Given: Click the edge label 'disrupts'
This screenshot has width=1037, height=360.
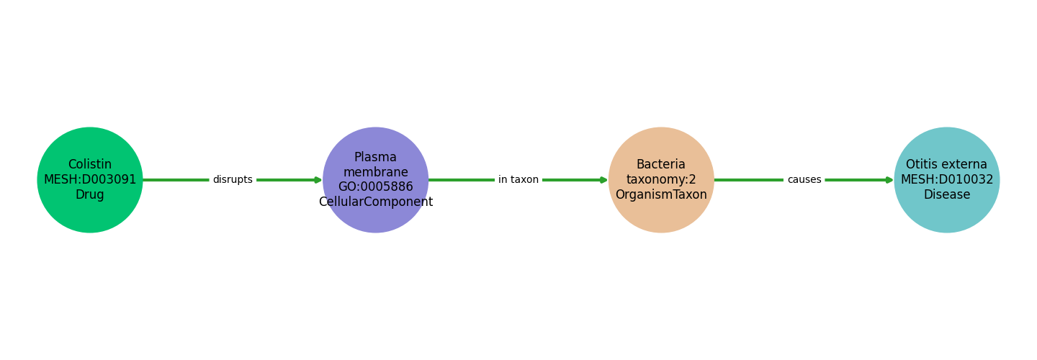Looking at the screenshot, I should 233,180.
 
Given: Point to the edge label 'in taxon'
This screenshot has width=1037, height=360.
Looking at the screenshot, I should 518,180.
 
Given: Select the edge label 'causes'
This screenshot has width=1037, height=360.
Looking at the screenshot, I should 804,180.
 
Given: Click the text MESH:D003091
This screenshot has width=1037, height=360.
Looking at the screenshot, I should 90,180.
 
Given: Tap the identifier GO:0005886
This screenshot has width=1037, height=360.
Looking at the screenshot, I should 376,187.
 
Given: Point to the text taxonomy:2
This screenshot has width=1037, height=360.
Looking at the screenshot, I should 661,180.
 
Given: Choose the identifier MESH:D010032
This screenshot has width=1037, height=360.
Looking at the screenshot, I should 947,180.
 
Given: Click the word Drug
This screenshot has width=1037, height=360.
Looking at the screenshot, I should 90,195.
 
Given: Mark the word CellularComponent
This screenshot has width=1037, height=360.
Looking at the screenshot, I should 376,202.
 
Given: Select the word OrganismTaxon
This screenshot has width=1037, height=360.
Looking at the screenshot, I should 661,195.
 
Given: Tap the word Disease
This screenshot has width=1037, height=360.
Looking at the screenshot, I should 947,195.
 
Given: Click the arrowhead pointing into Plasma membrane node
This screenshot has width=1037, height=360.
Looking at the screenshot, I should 318,180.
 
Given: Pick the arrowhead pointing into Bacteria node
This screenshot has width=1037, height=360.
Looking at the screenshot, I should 604,180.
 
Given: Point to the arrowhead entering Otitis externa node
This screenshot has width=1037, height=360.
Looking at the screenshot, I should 889,180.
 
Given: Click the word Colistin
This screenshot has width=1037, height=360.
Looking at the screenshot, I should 90,165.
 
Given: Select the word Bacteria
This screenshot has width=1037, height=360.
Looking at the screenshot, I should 661,165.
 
